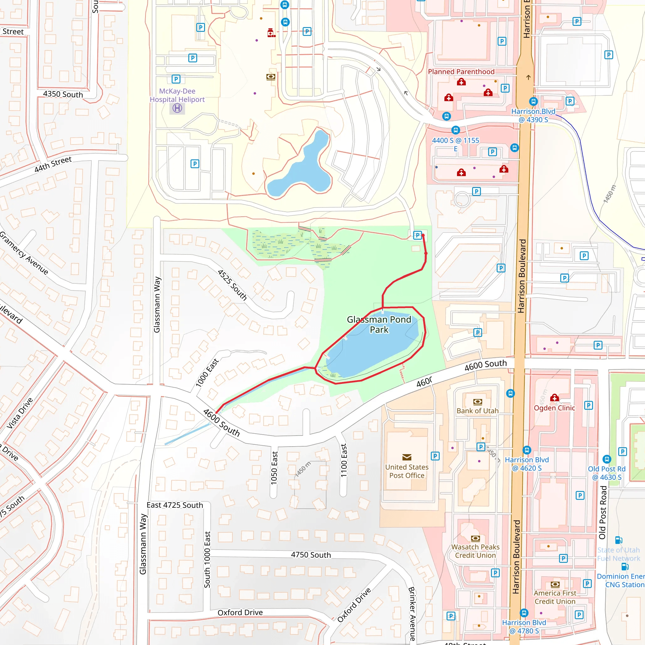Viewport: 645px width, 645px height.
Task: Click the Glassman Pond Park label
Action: tap(379, 324)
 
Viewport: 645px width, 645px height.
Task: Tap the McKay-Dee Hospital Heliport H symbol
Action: tap(177, 108)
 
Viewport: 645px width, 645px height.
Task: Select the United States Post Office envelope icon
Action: tap(407, 457)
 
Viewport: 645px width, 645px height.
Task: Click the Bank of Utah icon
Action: tap(478, 402)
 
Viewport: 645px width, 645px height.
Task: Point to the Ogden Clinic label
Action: tap(554, 408)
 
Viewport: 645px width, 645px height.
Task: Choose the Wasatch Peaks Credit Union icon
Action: tap(475, 539)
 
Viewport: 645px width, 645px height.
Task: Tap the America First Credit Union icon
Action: tap(555, 585)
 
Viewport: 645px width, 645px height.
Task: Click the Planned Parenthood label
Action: tap(461, 72)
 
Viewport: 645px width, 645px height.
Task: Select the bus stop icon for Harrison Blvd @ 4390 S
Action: tap(534, 101)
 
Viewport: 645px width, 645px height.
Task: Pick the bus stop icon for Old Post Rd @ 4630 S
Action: tap(607, 459)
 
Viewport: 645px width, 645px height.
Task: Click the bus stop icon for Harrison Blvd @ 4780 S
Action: tap(524, 613)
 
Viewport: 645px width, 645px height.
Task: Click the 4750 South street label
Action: tap(311, 555)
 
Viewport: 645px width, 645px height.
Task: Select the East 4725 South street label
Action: tap(174, 505)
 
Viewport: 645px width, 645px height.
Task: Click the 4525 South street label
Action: tap(232, 285)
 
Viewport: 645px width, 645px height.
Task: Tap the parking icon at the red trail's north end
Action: tap(417, 235)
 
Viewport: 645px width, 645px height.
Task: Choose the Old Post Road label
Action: tap(602, 512)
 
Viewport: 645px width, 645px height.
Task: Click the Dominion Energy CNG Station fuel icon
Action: tap(625, 567)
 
